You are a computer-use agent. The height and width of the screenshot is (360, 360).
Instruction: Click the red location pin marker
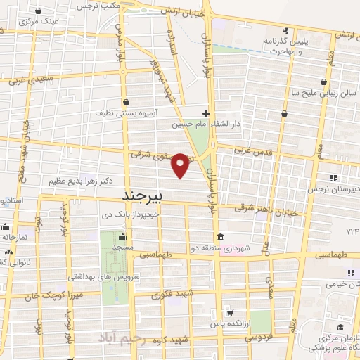click(181, 165)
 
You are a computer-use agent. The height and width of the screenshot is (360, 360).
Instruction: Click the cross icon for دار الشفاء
click(206, 112)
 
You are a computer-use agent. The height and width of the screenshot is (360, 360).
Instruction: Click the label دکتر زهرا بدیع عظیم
click(82, 181)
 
